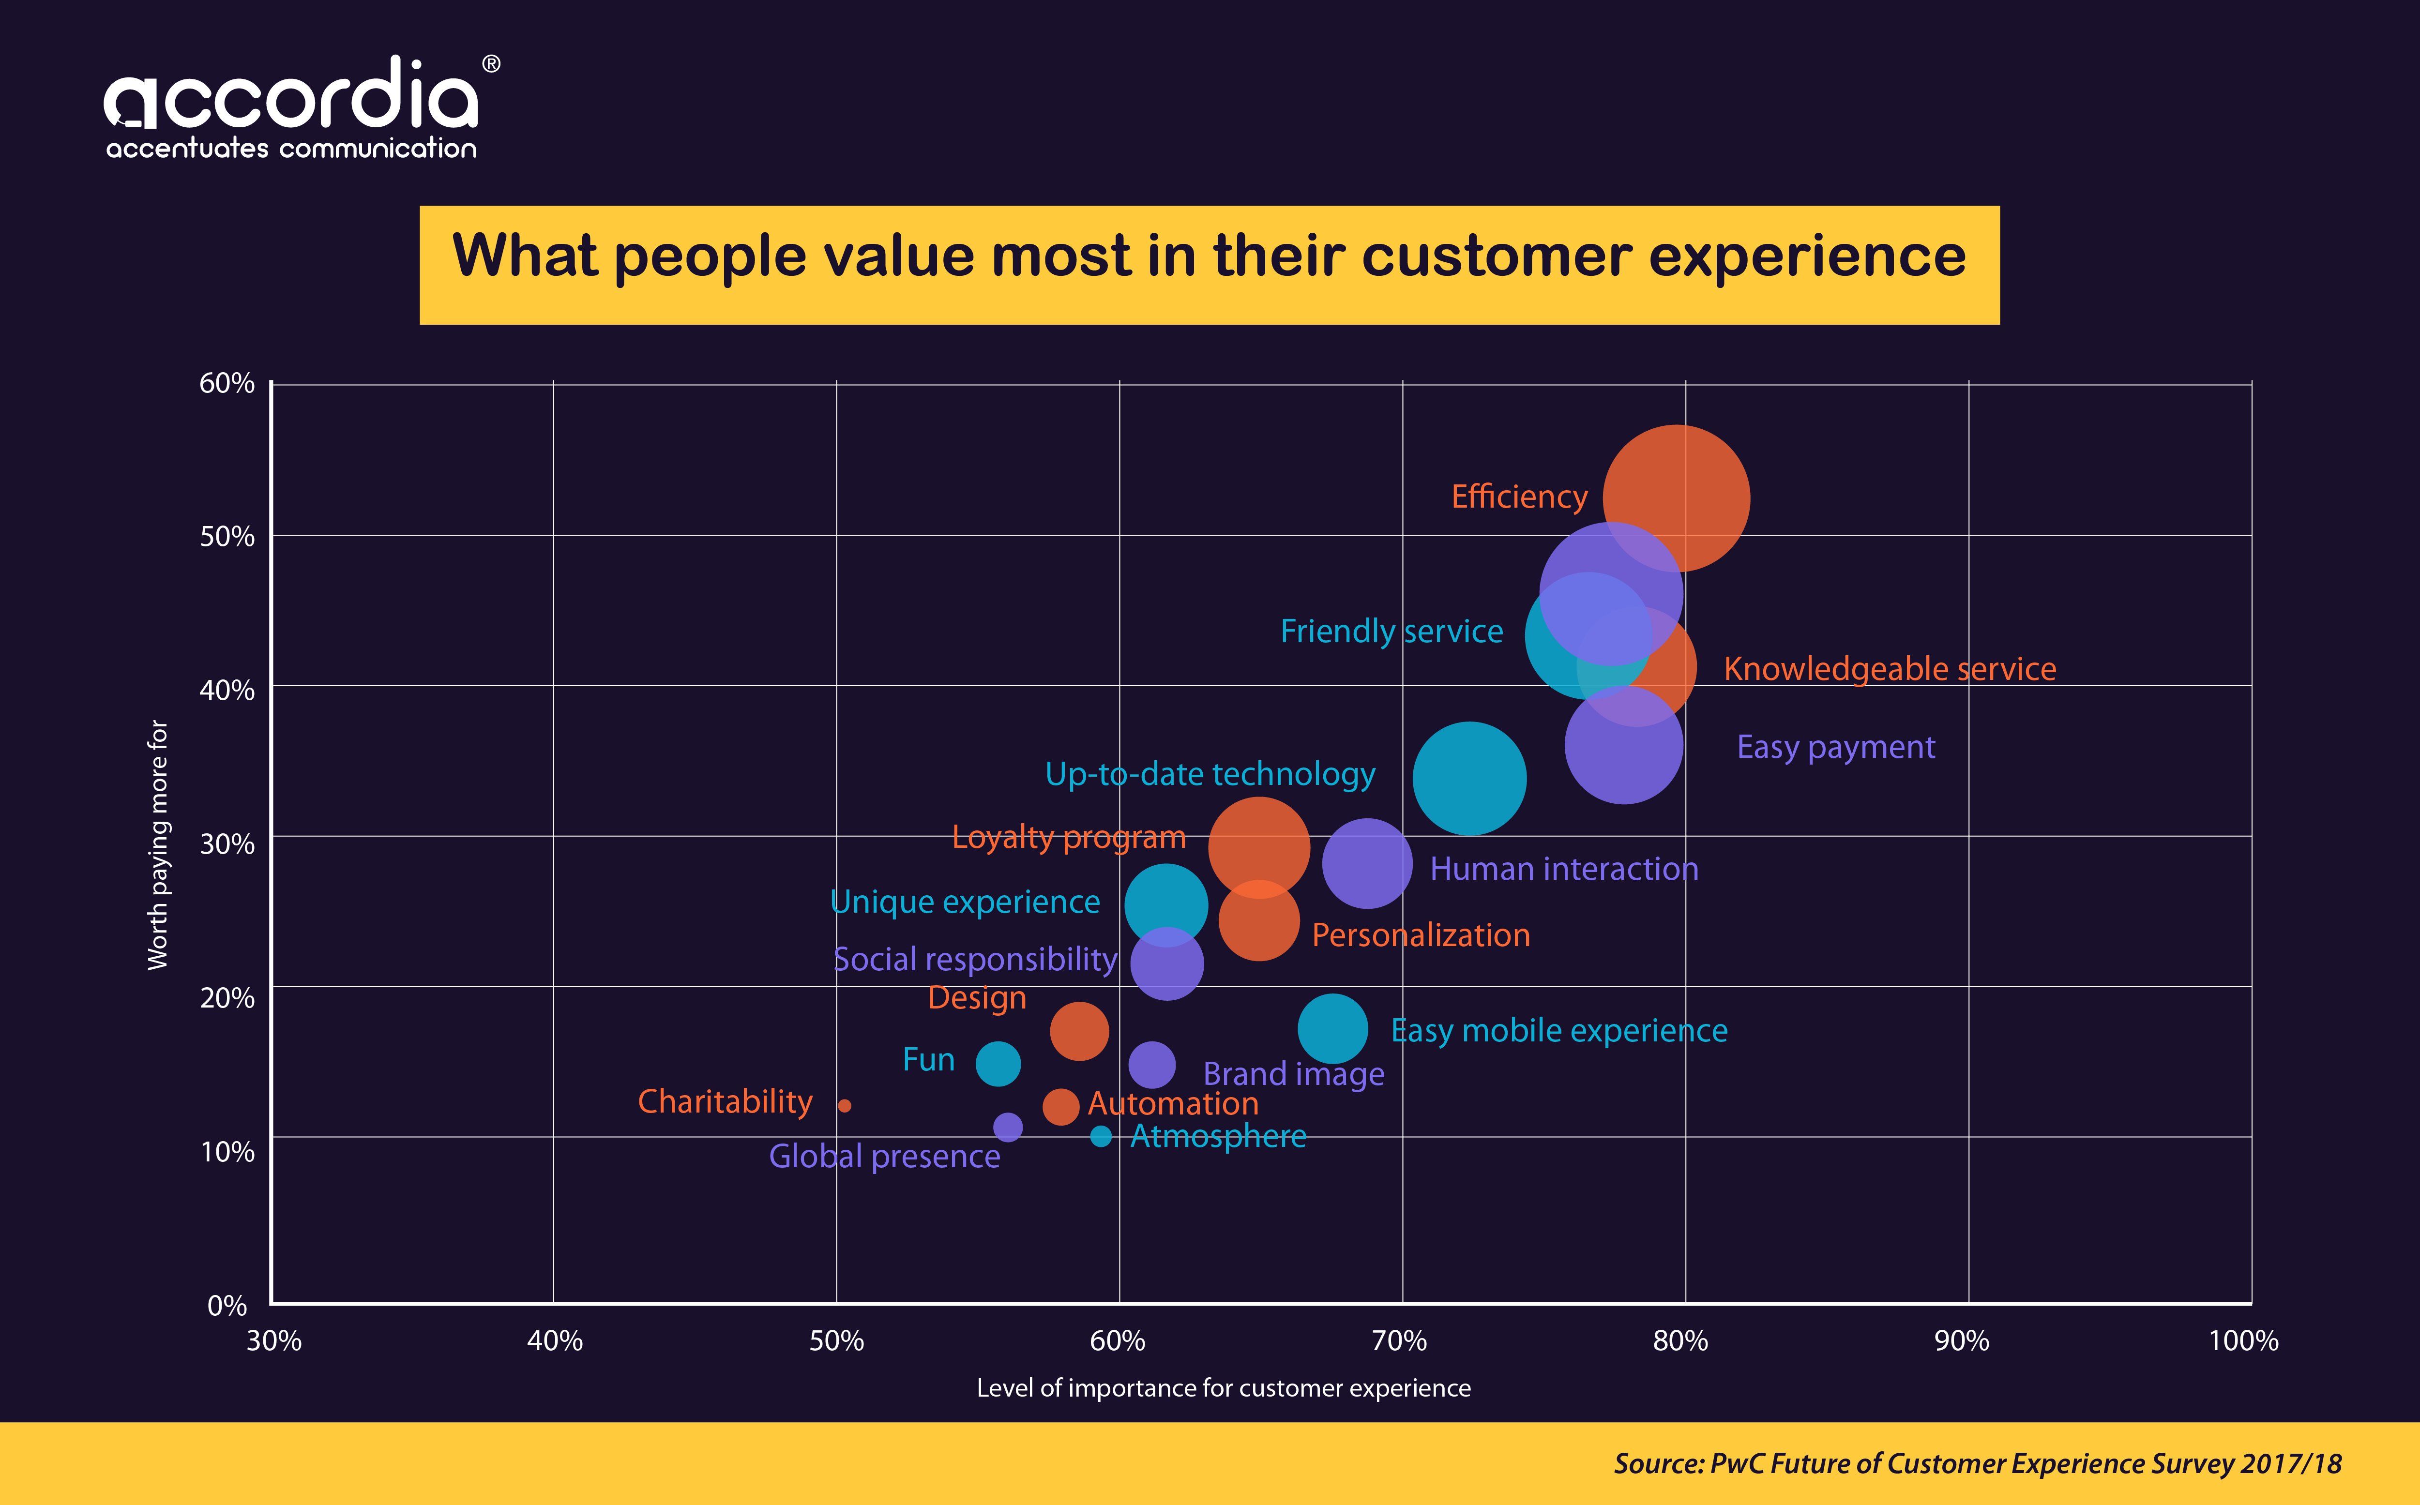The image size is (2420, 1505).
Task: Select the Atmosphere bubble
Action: (x=1101, y=1136)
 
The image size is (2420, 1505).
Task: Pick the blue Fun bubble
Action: (x=998, y=1063)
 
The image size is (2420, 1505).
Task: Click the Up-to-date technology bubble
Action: (x=1469, y=778)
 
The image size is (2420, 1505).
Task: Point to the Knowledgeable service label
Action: (x=1890, y=669)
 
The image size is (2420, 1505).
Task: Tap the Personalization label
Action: (x=1421, y=934)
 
